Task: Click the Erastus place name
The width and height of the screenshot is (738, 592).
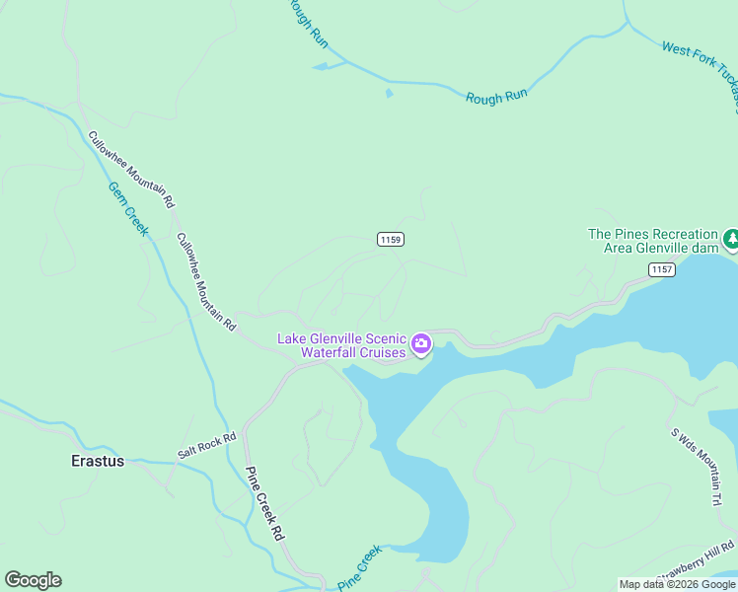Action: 98,461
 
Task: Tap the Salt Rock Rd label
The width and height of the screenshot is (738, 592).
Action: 207,446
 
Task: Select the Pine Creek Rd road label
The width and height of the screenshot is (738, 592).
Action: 263,503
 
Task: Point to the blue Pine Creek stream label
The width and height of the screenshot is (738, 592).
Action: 359,568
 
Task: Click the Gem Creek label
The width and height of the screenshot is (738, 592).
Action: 128,209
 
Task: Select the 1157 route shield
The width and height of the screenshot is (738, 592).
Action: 661,269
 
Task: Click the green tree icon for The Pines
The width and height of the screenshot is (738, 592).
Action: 731,239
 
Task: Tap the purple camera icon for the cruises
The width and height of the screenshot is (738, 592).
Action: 421,343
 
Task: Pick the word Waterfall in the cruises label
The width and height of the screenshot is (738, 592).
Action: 332,352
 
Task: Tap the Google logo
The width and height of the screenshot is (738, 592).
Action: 33,580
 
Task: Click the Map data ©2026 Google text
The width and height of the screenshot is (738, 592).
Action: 677,584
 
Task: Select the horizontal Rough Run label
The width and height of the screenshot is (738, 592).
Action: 496,95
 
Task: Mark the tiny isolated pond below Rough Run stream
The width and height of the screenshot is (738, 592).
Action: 389,94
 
